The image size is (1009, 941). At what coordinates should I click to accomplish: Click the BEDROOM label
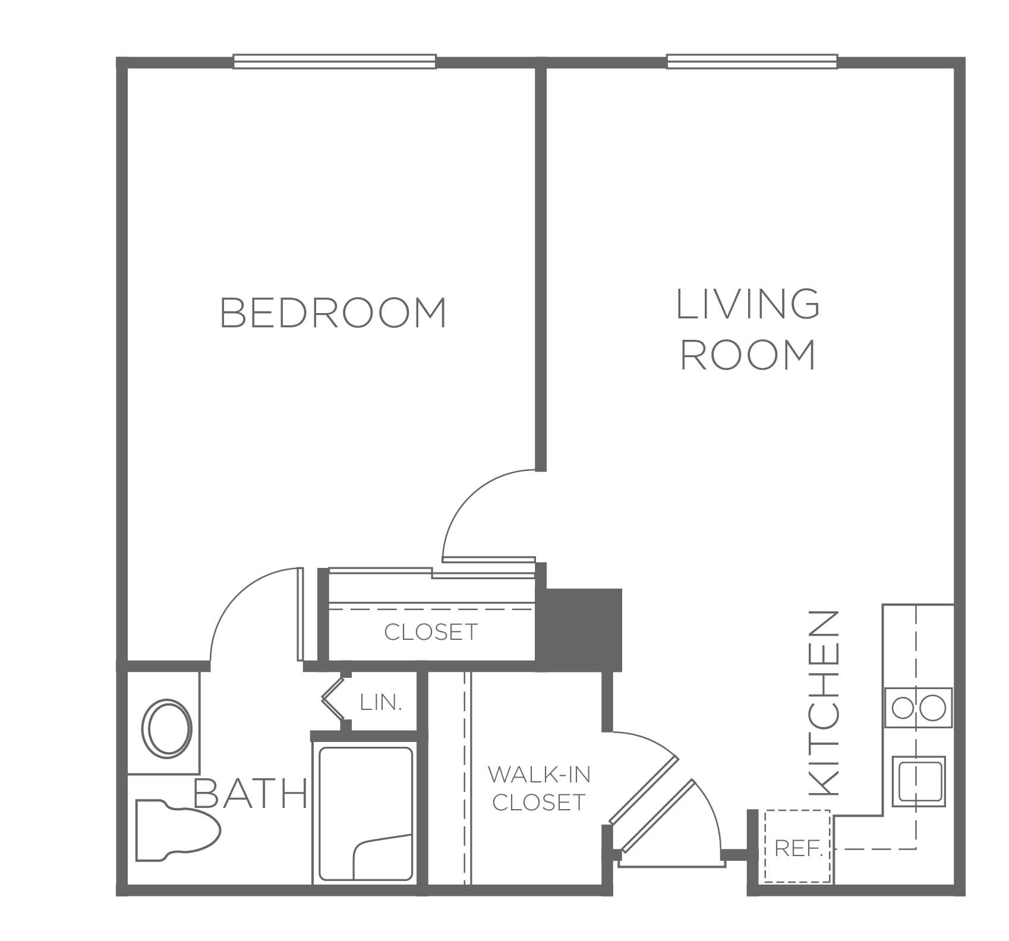coord(333,312)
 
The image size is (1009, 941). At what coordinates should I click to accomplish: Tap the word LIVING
coord(748,304)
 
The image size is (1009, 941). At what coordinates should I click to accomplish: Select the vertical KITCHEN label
coord(825,703)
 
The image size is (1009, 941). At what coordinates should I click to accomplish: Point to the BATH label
coord(251,793)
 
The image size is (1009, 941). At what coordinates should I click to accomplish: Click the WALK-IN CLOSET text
coord(539,788)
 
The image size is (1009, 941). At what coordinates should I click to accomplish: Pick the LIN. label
coord(381,703)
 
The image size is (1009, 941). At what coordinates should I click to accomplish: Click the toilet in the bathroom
coord(177,831)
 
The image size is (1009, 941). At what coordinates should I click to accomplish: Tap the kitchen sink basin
coord(921,781)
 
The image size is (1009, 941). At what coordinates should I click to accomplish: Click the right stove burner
coord(933,708)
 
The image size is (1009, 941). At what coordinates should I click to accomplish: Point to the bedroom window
coord(335,62)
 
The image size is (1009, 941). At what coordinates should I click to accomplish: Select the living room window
coord(752,62)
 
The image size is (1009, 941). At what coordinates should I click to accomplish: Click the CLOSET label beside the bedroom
coord(431,632)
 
